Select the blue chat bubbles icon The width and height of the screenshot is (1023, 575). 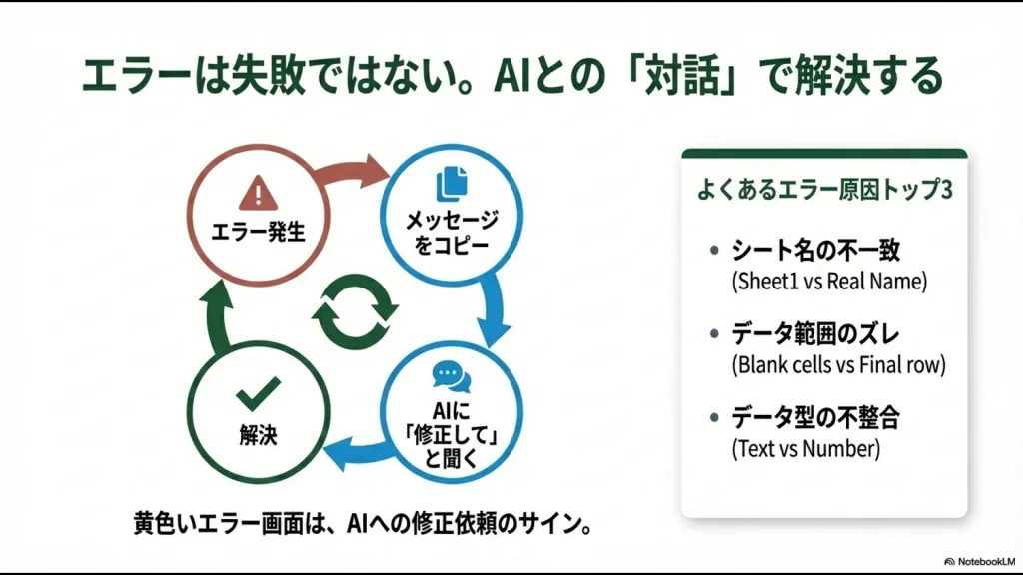pyautogui.click(x=451, y=376)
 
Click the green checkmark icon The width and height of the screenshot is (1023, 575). pyautogui.click(x=258, y=396)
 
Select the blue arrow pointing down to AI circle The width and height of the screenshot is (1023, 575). pyautogui.click(x=494, y=308)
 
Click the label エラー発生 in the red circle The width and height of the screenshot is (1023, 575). pyautogui.click(x=259, y=232)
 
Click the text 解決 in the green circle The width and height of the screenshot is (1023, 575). pyautogui.click(x=258, y=435)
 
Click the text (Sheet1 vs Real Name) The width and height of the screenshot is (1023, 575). pyautogui.click(x=830, y=281)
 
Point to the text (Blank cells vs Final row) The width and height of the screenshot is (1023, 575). pyautogui.click(x=838, y=364)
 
